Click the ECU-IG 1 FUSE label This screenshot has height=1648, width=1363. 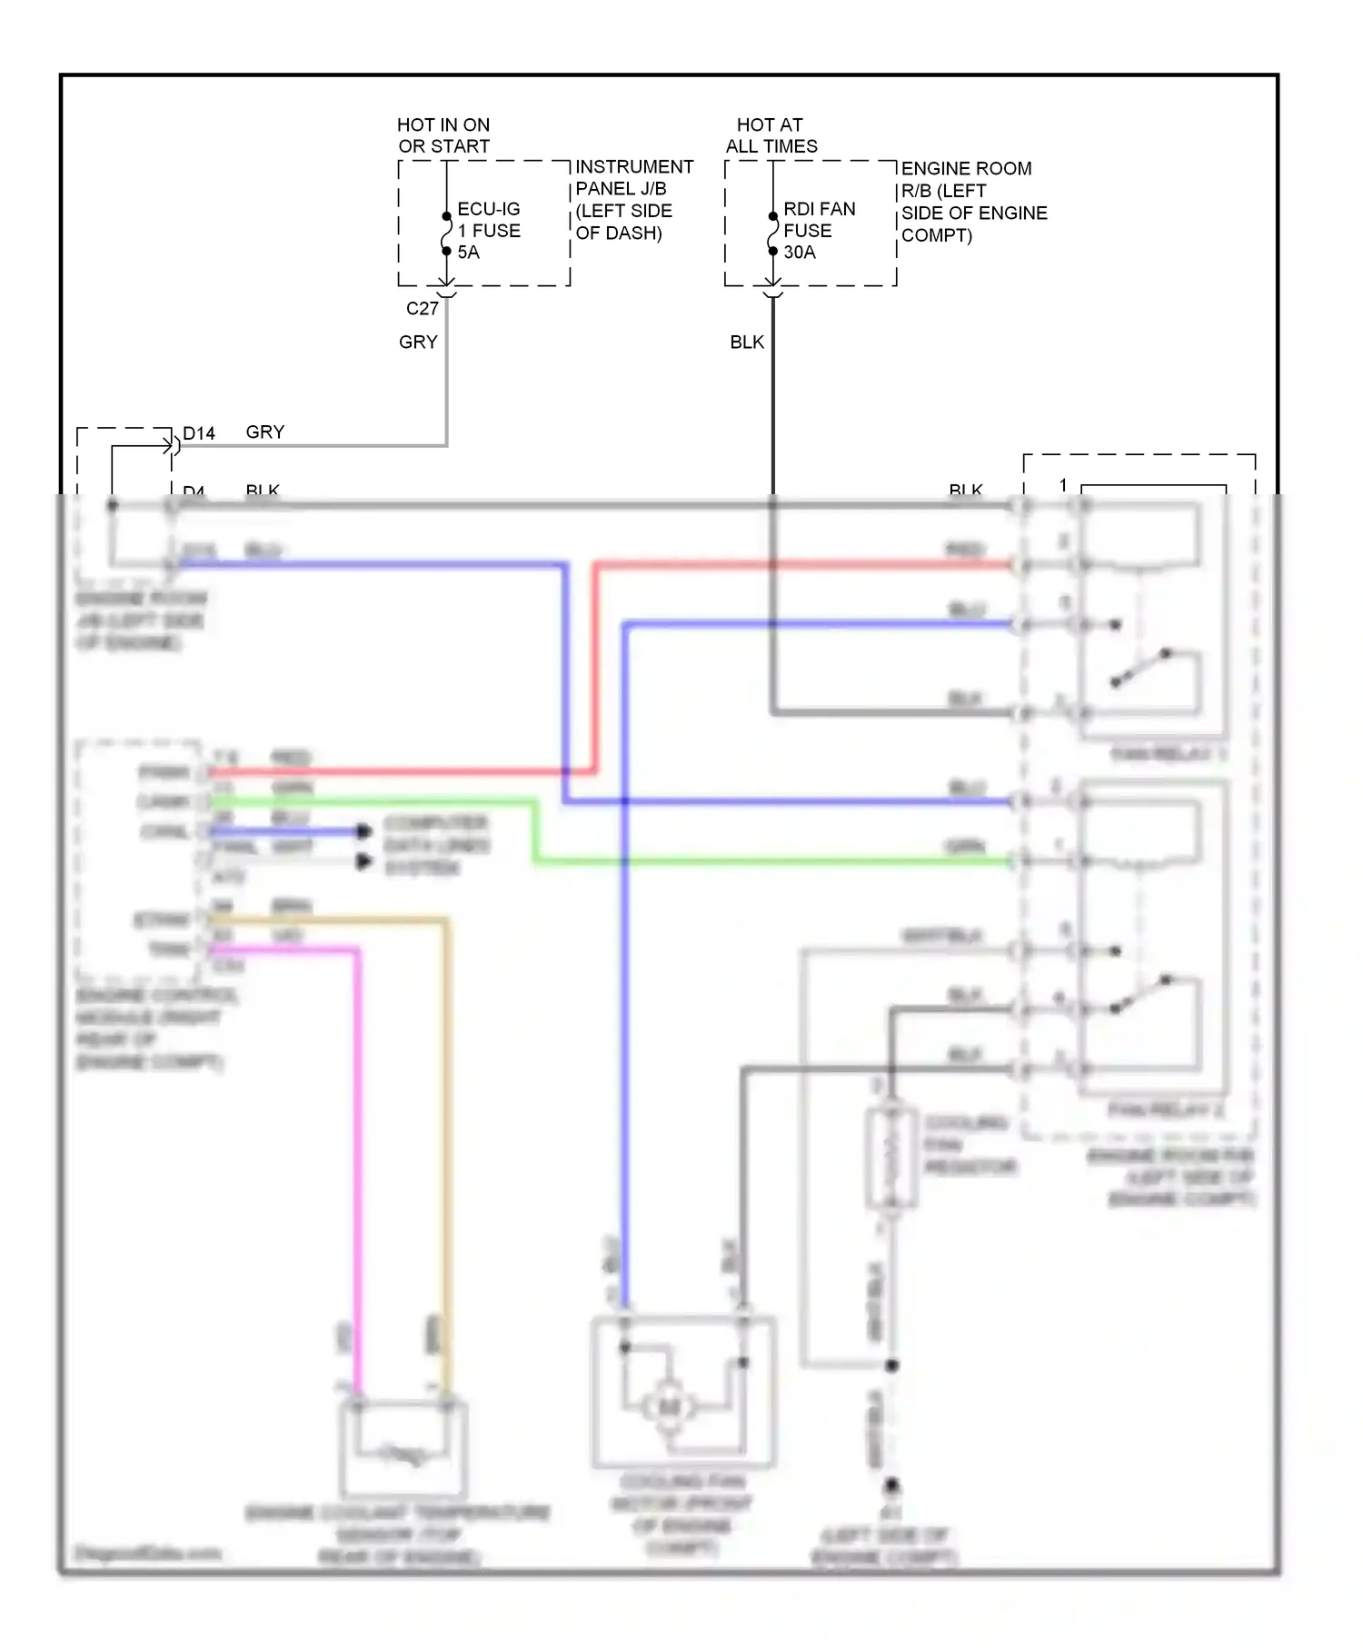(x=488, y=220)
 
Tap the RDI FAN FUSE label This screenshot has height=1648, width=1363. (x=818, y=220)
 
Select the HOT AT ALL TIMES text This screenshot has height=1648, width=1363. (x=771, y=135)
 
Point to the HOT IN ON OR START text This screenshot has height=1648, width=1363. (x=443, y=135)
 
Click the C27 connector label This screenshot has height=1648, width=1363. (x=422, y=309)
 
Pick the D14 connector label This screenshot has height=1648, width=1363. (x=199, y=433)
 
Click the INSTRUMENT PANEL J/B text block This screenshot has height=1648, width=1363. (x=633, y=200)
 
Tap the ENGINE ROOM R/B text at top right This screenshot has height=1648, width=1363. (x=973, y=202)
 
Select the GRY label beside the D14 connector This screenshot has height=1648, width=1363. (x=265, y=432)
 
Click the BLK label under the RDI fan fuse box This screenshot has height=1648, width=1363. (x=747, y=343)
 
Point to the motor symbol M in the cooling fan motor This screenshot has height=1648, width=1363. (x=669, y=1407)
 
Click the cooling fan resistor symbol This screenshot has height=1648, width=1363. (x=891, y=1158)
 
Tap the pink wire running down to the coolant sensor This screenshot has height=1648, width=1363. (x=357, y=1136)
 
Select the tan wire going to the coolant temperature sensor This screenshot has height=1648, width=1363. (x=446, y=1136)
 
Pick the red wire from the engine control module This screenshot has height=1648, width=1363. (x=409, y=772)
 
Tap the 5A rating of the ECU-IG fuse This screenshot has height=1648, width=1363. (x=468, y=253)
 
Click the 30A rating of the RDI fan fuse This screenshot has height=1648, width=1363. (x=799, y=253)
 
